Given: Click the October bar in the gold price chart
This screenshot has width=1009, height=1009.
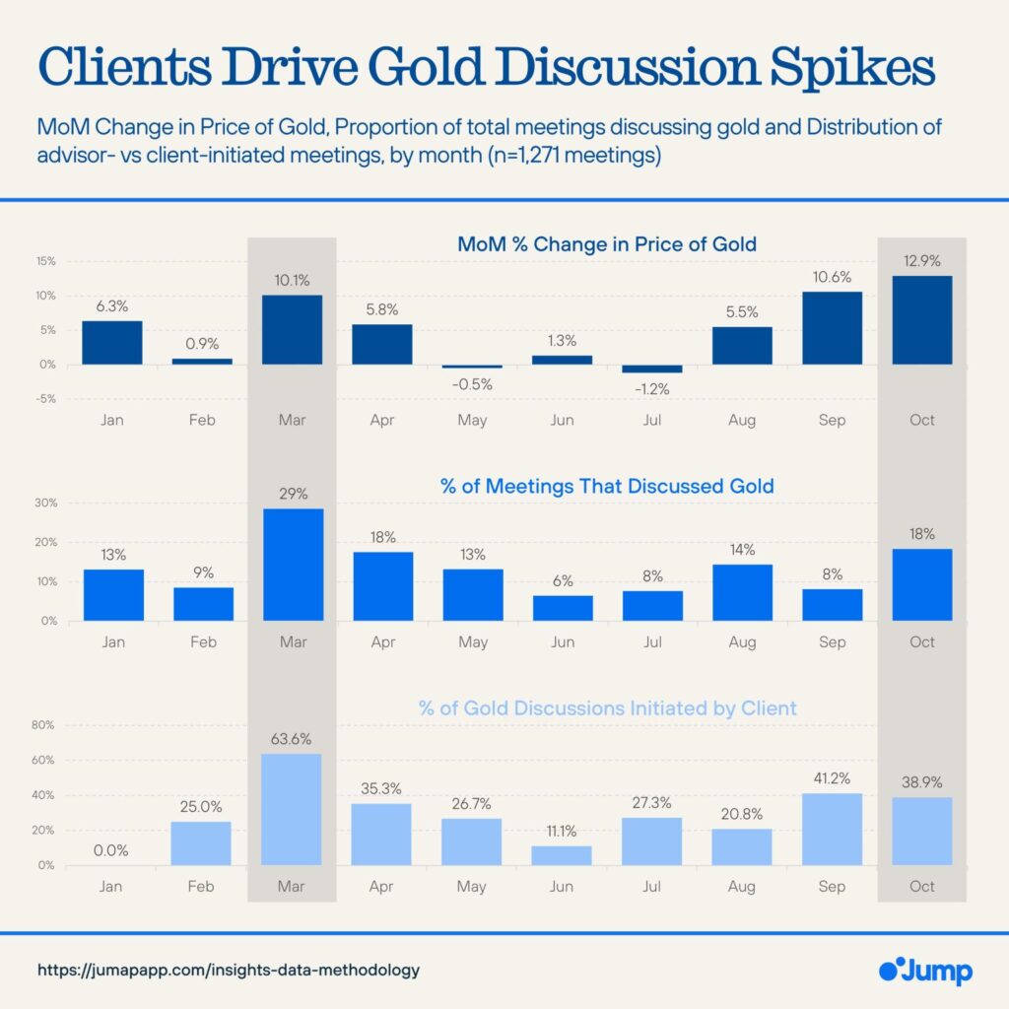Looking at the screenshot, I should [x=921, y=320].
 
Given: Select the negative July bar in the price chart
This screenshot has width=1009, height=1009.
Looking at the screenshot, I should [x=651, y=369].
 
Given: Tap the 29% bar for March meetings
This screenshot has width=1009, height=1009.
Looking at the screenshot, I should [x=293, y=565].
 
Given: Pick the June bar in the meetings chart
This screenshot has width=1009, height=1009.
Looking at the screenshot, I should [x=562, y=608].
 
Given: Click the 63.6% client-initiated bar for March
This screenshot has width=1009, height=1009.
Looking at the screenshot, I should [x=293, y=809].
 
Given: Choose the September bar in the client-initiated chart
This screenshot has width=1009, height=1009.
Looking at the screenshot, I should [x=832, y=830].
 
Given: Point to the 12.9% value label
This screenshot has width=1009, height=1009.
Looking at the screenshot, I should [x=922, y=260].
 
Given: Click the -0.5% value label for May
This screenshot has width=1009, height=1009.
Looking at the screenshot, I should [x=472, y=384].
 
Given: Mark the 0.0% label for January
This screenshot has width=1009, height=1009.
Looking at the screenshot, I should [x=112, y=849].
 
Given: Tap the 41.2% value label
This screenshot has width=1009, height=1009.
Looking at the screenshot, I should [x=832, y=777].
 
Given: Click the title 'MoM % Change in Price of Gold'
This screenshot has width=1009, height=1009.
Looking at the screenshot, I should [x=606, y=244].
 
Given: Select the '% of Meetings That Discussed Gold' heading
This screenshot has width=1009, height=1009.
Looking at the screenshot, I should [x=606, y=486].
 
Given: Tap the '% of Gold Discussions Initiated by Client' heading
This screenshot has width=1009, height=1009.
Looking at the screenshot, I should [x=606, y=707].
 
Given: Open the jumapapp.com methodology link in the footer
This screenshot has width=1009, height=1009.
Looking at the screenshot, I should [x=229, y=970].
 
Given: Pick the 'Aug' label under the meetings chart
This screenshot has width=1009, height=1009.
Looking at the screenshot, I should [x=742, y=642].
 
